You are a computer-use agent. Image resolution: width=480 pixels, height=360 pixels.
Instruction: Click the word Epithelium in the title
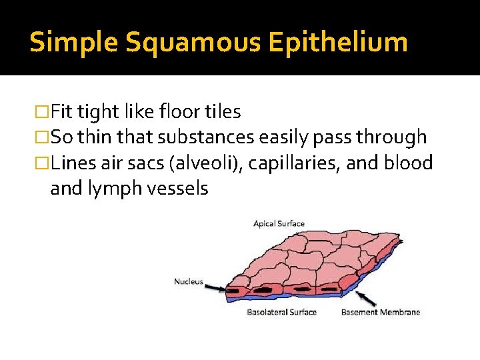(x=338, y=43)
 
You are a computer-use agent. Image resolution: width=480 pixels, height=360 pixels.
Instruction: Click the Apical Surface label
(x=279, y=223)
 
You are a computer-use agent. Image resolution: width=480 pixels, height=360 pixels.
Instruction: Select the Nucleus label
(x=189, y=281)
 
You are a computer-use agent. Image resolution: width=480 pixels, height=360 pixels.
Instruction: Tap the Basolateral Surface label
(x=281, y=312)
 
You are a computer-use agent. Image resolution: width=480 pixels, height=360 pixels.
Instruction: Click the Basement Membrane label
(x=381, y=312)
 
